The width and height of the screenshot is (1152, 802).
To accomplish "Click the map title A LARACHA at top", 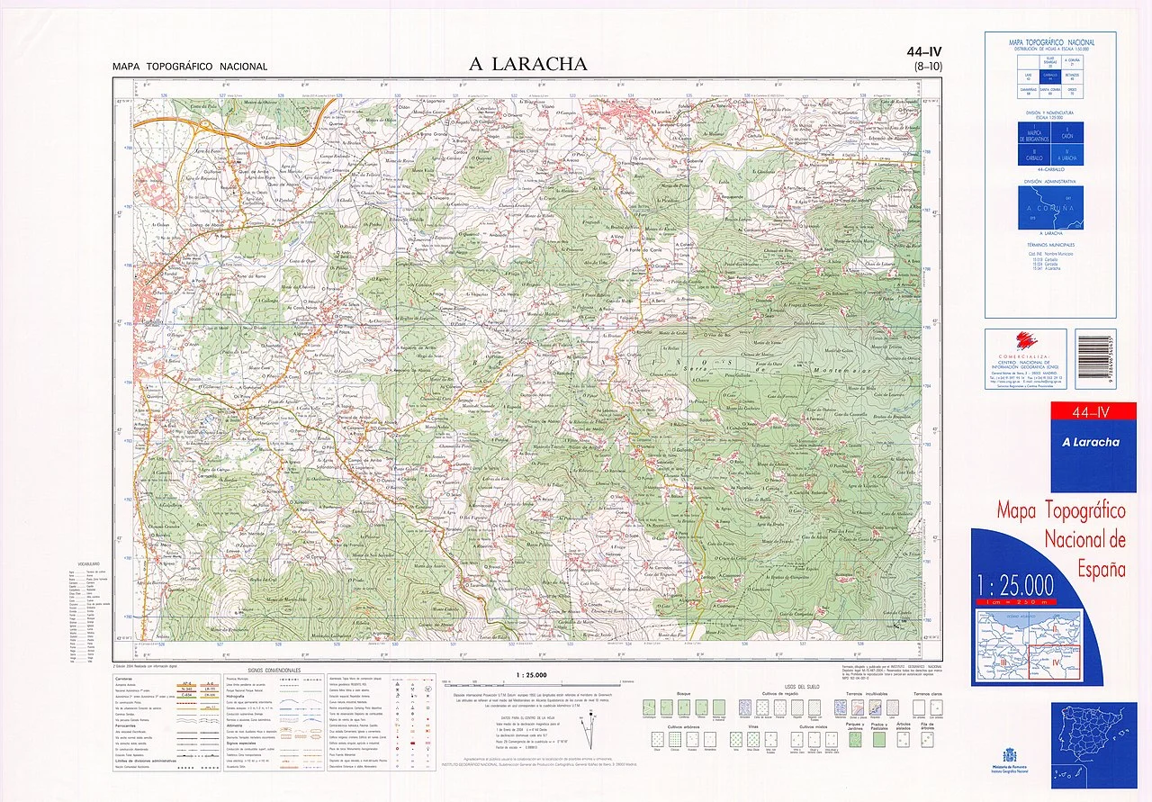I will [528, 64].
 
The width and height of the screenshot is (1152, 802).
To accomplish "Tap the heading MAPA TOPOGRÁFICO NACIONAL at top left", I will [190, 67].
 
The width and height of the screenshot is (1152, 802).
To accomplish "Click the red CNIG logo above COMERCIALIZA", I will [1025, 341].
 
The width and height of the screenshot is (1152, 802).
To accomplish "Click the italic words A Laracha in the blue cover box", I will [1091, 442].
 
